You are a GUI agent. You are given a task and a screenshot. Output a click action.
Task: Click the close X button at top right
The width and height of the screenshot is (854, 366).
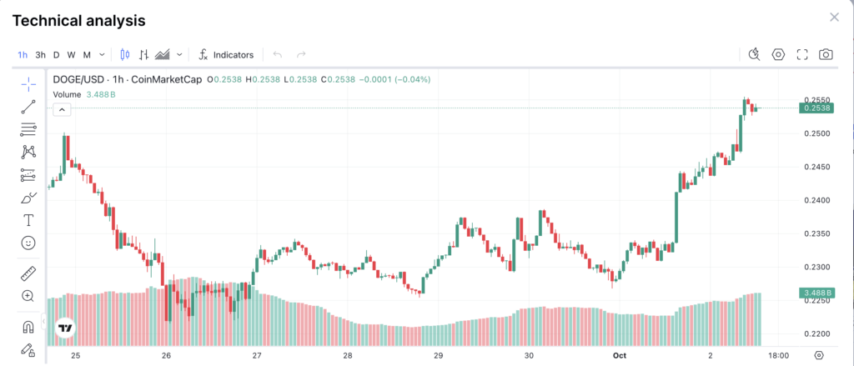[834, 18]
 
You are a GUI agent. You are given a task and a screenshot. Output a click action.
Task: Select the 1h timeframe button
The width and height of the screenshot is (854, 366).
[23, 55]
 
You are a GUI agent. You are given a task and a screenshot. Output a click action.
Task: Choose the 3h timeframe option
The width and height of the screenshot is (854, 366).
[40, 55]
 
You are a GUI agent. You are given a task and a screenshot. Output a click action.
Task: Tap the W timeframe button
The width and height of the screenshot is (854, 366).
[71, 55]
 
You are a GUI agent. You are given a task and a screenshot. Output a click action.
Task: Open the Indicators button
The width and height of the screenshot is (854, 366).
[226, 55]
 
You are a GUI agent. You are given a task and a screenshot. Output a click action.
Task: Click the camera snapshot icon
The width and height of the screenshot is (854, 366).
[826, 55]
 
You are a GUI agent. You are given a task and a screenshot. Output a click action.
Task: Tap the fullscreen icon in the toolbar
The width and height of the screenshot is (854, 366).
[802, 55]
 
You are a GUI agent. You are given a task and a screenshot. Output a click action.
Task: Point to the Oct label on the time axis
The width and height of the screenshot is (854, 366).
[619, 355]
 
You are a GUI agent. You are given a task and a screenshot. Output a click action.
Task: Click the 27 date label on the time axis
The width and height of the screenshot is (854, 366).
[257, 355]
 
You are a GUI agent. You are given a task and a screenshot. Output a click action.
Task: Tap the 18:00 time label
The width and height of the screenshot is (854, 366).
[778, 355]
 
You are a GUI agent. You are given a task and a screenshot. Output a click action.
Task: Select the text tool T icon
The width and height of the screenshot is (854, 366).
[28, 220]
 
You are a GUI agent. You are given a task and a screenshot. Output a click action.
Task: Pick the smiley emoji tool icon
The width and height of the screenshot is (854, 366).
[28, 243]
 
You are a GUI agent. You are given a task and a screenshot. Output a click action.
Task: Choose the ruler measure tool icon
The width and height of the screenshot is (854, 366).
[28, 273]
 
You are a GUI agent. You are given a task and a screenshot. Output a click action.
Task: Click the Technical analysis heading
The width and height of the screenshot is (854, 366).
[79, 20]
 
